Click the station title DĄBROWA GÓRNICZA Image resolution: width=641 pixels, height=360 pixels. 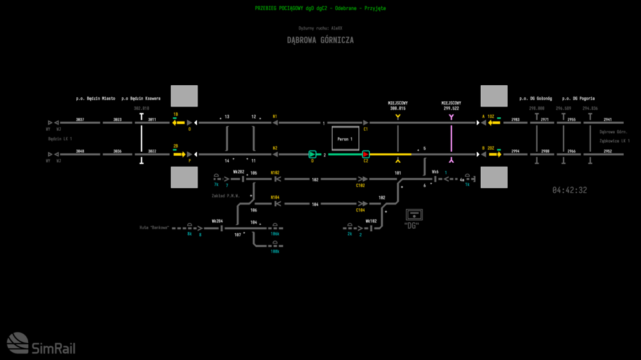[320, 40]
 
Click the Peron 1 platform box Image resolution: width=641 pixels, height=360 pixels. [346, 138]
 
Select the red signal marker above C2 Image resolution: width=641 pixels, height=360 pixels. [366, 154]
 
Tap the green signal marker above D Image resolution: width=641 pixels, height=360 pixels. [312, 154]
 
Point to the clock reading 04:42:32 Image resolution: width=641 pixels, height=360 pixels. [569, 190]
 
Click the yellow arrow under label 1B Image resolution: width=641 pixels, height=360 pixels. [178, 122]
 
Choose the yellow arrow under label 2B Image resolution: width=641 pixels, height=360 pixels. [178, 154]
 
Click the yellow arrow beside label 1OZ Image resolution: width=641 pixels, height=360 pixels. [494, 122]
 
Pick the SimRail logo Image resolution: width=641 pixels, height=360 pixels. [41, 344]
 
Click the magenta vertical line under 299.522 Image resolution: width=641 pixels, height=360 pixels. [451, 138]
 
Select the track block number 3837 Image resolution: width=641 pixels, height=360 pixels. [79, 120]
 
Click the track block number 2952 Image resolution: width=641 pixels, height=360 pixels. [608, 152]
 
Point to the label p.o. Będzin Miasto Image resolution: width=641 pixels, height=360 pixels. [96, 99]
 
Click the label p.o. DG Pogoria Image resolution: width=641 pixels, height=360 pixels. [578, 99]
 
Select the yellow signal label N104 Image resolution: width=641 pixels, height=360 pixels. [275, 197]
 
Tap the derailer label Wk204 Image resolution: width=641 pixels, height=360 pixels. [217, 221]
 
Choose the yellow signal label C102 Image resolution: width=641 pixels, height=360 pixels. [361, 186]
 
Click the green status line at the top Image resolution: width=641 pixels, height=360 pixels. [320, 8]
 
